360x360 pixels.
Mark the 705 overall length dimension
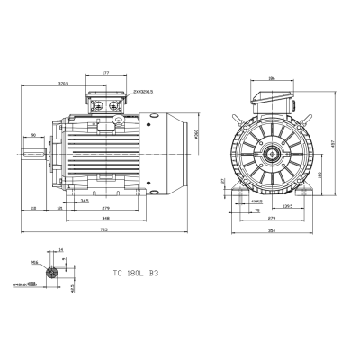pos(104,228)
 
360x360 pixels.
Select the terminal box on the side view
pos(106,102)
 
